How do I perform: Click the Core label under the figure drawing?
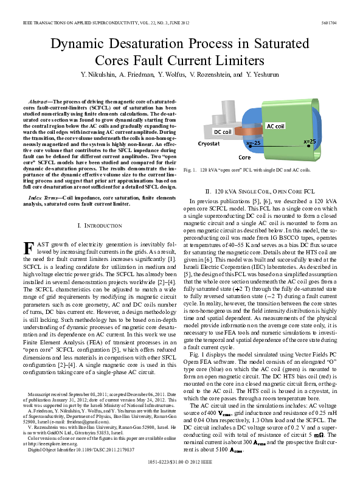click(x=244, y=156)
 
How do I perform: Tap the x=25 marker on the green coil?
click(x=310, y=141)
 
